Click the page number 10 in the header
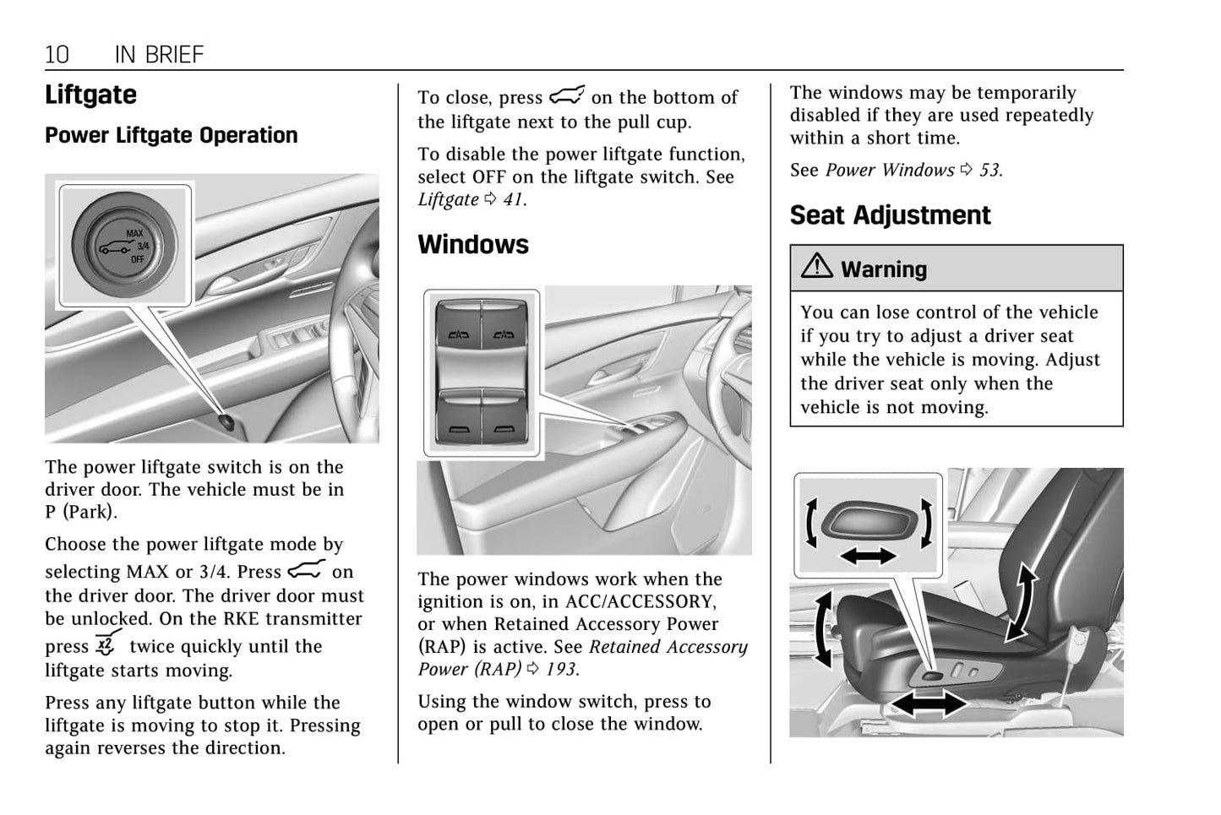click(57, 55)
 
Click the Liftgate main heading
click(90, 95)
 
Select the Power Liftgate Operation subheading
click(171, 135)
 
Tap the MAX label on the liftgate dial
click(135, 233)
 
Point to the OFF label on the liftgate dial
click(137, 259)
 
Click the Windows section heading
click(472, 245)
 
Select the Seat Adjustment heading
click(890, 215)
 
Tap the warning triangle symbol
click(816, 267)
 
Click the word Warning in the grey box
click(884, 269)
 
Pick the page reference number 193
click(560, 670)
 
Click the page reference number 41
click(513, 200)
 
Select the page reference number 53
click(989, 171)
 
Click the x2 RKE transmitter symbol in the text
click(107, 644)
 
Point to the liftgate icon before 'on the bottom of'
click(567, 95)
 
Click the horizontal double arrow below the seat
click(929, 704)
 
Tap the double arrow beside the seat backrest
click(1022, 601)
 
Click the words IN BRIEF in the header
click(159, 55)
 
